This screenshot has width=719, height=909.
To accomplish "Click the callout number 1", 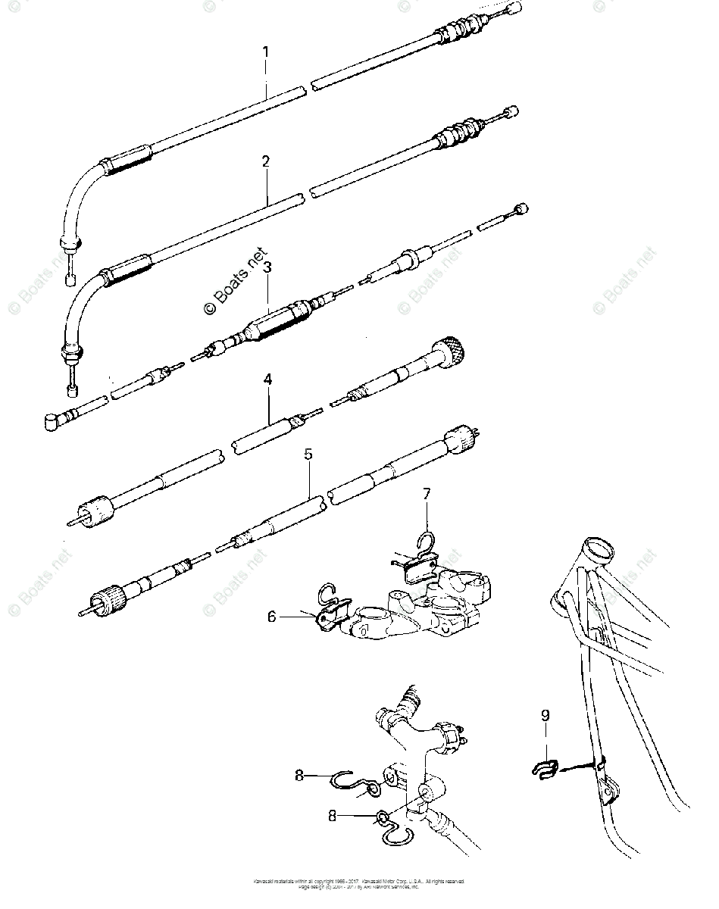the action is tap(266, 53).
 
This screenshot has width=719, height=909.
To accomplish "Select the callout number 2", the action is tap(266, 162).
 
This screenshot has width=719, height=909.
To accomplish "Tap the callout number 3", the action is tap(267, 267).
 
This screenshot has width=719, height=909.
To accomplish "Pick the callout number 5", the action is tap(308, 455).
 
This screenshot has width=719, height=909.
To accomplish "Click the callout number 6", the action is tap(272, 617).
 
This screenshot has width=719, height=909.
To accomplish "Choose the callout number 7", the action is tap(427, 494).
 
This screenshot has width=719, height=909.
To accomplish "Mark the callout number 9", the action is tap(546, 715).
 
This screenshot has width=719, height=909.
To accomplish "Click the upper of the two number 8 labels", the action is tap(300, 775).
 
